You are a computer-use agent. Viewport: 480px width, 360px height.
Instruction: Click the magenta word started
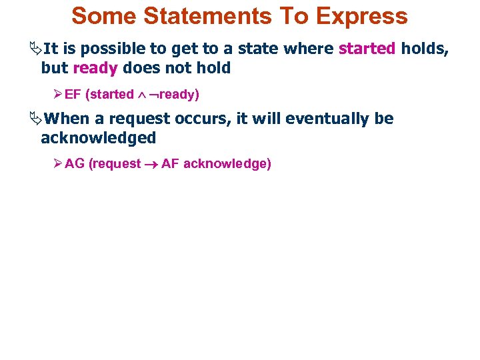[367, 48]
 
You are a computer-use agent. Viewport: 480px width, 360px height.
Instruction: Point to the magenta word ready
[95, 68]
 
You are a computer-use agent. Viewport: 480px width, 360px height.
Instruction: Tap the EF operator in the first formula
[73, 95]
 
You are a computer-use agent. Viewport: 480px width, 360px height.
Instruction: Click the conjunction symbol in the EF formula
[141, 95]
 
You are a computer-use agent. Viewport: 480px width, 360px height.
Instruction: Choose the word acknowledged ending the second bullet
[98, 138]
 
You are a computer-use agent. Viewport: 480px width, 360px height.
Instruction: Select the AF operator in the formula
[170, 164]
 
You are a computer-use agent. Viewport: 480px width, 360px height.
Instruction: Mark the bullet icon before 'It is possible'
[35, 49]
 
